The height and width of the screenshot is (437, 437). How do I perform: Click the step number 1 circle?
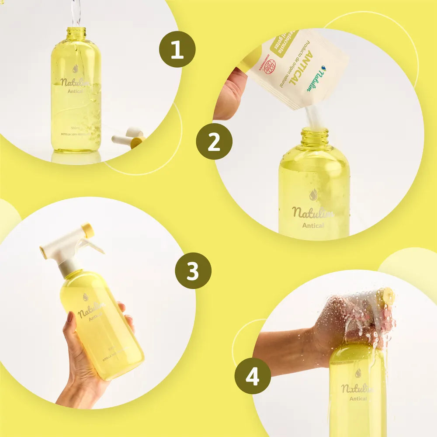point(177,49)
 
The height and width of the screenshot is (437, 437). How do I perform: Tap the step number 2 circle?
point(214,141)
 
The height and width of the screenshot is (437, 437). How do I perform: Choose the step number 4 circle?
point(253,376)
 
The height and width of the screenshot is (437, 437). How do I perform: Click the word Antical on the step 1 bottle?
point(76,92)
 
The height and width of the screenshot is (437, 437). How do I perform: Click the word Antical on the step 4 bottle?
point(360,398)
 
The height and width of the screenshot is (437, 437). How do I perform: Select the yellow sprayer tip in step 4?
point(386,297)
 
